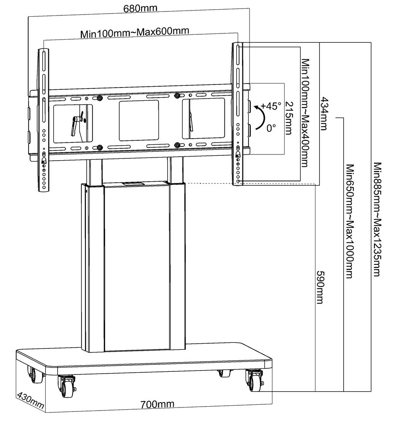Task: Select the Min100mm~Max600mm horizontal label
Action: pos(135,33)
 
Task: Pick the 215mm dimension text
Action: pos(289,119)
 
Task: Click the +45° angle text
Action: pos(270,106)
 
